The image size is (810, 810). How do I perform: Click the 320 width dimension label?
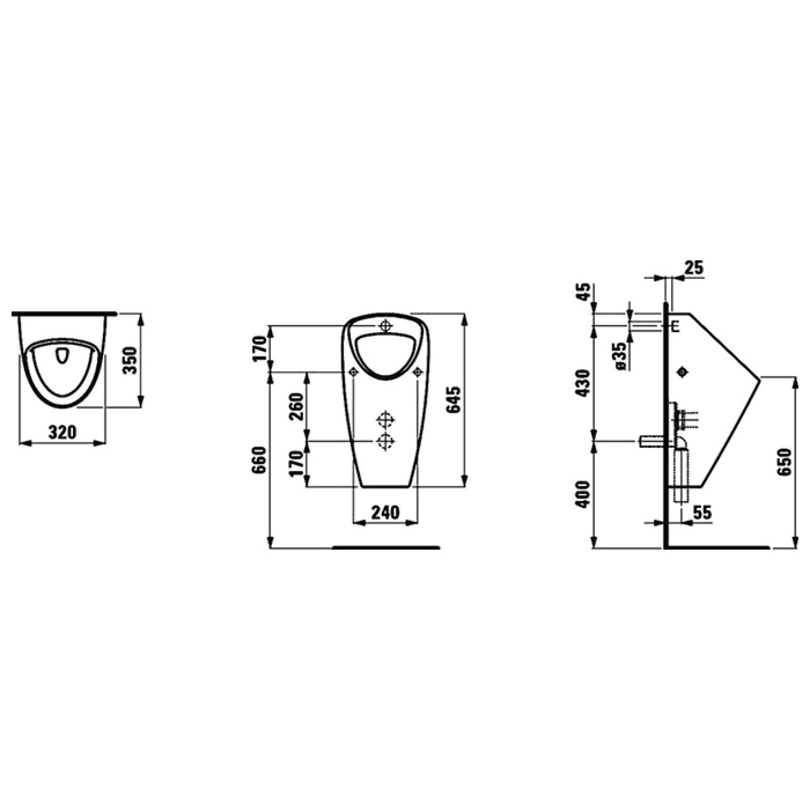pyautogui.click(x=62, y=432)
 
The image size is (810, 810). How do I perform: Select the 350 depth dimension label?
pyautogui.click(x=130, y=360)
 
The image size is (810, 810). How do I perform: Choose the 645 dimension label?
pyautogui.click(x=454, y=400)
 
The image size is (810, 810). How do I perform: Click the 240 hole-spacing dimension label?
pyautogui.click(x=385, y=512)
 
